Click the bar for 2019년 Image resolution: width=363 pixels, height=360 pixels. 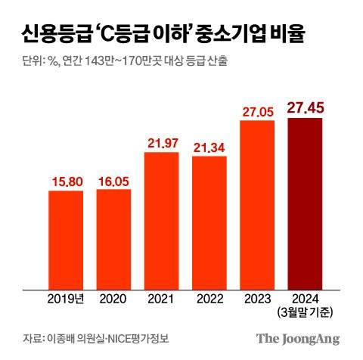point(71,239)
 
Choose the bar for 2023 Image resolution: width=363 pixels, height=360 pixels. point(262,203)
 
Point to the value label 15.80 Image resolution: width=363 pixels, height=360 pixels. point(71,182)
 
